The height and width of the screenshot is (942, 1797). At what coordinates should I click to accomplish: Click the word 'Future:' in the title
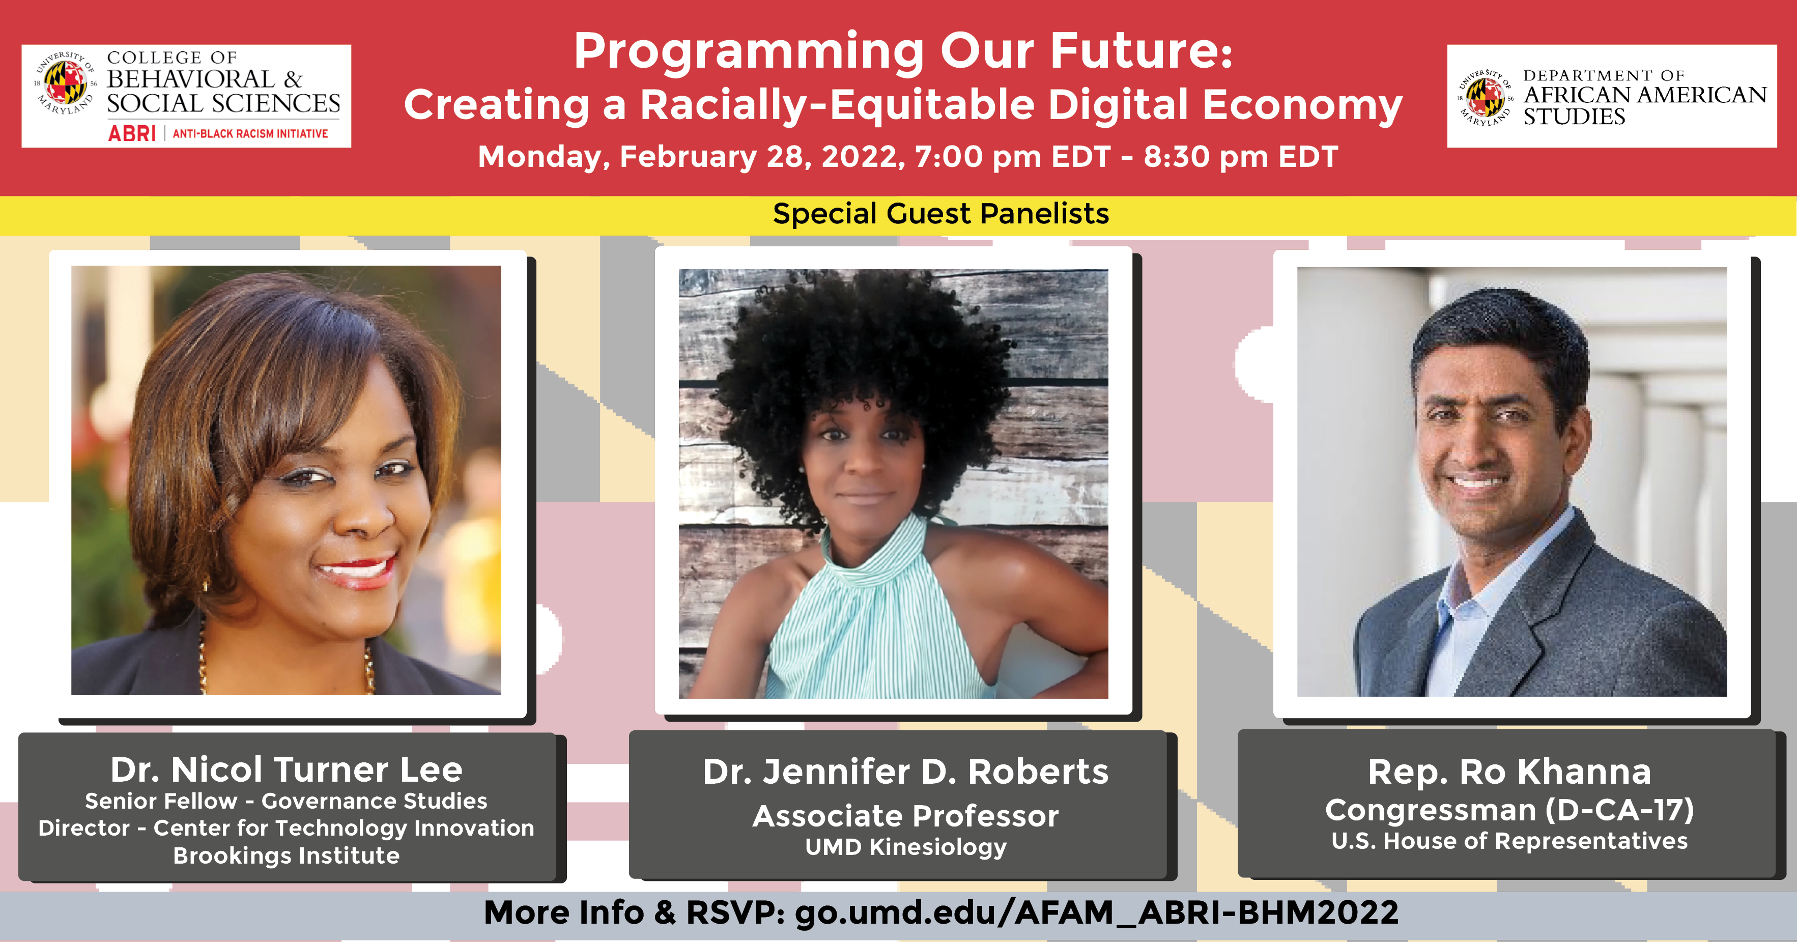(x=1142, y=51)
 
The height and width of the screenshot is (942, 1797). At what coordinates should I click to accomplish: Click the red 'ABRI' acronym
(x=131, y=133)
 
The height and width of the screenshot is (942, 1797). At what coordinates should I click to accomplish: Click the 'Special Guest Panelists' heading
(x=940, y=214)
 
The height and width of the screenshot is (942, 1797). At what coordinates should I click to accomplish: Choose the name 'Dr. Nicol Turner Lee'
(x=286, y=769)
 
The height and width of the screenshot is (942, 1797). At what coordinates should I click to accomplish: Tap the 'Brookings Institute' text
(x=286, y=856)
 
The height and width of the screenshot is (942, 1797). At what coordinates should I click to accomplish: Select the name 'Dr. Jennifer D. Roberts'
(x=905, y=772)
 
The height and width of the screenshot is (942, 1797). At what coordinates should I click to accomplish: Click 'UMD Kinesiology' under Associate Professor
(x=905, y=847)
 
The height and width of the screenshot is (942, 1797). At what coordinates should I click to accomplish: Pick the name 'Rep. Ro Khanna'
(x=1509, y=772)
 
